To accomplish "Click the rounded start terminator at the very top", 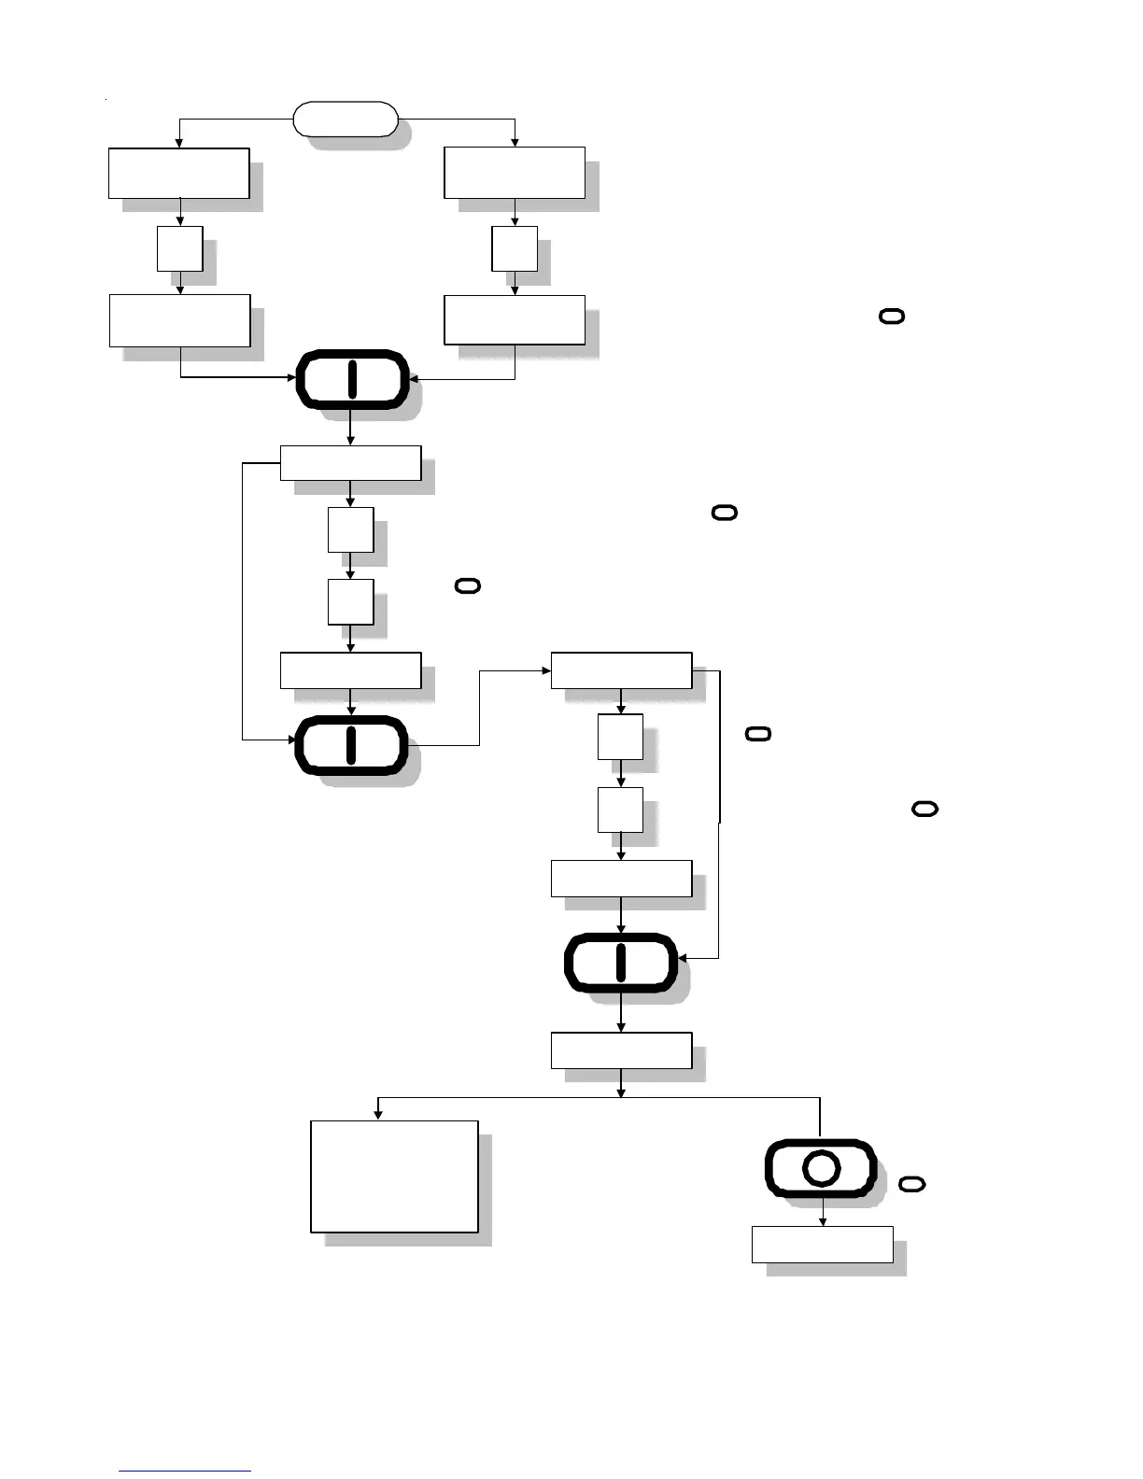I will [x=346, y=120].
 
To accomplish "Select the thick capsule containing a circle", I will [x=821, y=1168].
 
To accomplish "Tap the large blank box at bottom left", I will [x=394, y=1176].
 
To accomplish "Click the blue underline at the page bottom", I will [x=185, y=1471].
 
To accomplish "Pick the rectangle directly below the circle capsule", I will [x=822, y=1244].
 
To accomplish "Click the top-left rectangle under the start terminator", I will [x=178, y=173].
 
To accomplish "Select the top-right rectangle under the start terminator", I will [x=515, y=173].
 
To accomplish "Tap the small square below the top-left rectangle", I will [x=180, y=248].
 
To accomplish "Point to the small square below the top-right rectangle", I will [x=515, y=248].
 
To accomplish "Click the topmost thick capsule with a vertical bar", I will [x=352, y=379].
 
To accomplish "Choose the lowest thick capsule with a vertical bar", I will [x=621, y=962].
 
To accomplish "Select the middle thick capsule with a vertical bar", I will [x=351, y=745].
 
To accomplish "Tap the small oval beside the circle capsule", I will [x=912, y=1184].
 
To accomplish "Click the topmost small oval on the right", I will [x=892, y=317].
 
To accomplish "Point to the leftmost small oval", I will [x=468, y=585].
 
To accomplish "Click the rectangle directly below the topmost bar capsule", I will [x=350, y=463].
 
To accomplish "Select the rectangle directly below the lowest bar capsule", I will [x=621, y=1050].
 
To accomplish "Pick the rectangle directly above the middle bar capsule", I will [x=350, y=670].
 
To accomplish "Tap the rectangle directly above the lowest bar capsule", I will [x=621, y=879].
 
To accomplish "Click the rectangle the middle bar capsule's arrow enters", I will [x=621, y=670].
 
